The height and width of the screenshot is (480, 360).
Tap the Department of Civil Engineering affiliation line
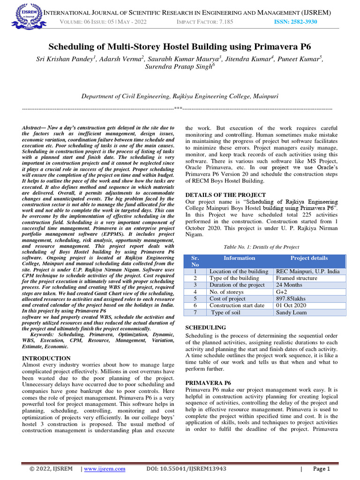pyautogui.click(x=180, y=96)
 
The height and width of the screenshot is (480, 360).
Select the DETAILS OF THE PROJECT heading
pyautogui.click(x=225, y=195)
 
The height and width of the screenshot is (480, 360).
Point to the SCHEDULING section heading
pyautogui.click(x=206, y=327)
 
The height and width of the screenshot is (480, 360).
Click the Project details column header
pyautogui.click(x=309, y=258)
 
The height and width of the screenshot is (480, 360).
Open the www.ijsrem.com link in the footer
pyautogui.click(x=105, y=469)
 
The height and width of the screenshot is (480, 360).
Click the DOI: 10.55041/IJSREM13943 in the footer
pyautogui.click(x=186, y=469)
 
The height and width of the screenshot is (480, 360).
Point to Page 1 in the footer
pyautogui.click(x=322, y=469)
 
